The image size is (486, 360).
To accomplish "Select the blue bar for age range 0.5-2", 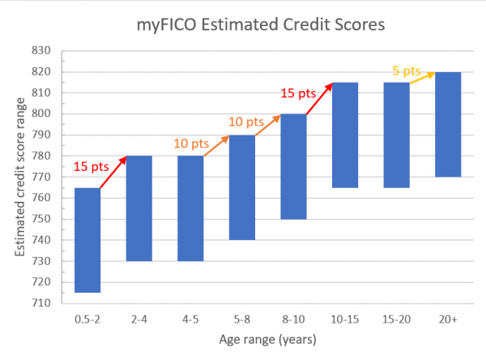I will (x=87, y=240).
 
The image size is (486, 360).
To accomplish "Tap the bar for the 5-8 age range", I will (x=242, y=187).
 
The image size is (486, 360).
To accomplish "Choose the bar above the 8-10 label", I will (x=294, y=166).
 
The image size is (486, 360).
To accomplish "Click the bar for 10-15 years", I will (x=346, y=135).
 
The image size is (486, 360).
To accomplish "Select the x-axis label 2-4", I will (x=139, y=320).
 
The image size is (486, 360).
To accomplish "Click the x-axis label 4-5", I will (x=191, y=320).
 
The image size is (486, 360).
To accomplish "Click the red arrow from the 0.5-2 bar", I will (x=114, y=171).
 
